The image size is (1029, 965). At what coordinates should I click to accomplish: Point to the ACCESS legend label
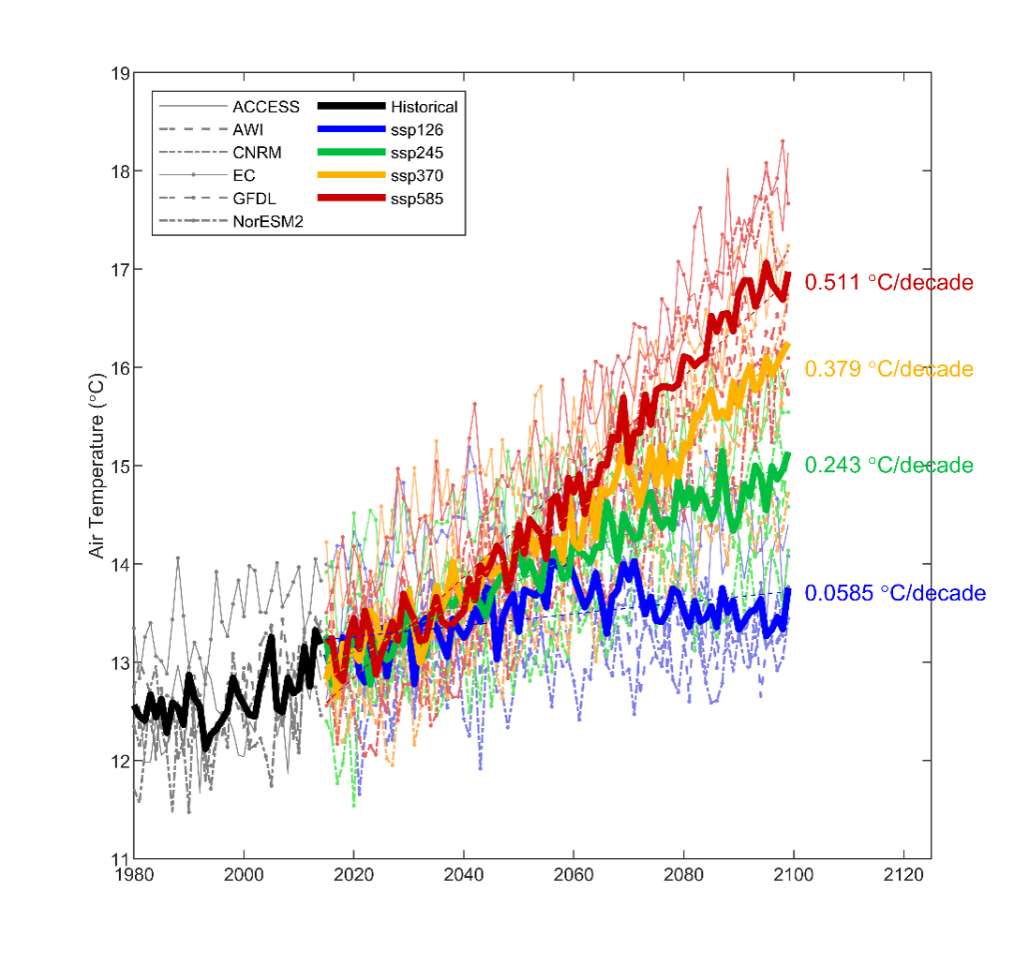point(266,107)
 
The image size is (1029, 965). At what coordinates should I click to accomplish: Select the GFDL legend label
point(256,199)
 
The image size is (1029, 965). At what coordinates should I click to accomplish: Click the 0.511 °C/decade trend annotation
point(888,282)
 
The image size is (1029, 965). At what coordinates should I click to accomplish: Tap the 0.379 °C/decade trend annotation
point(888,369)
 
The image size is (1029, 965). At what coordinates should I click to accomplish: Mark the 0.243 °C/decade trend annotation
point(888,465)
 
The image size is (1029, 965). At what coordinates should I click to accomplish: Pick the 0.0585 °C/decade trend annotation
point(895,593)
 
